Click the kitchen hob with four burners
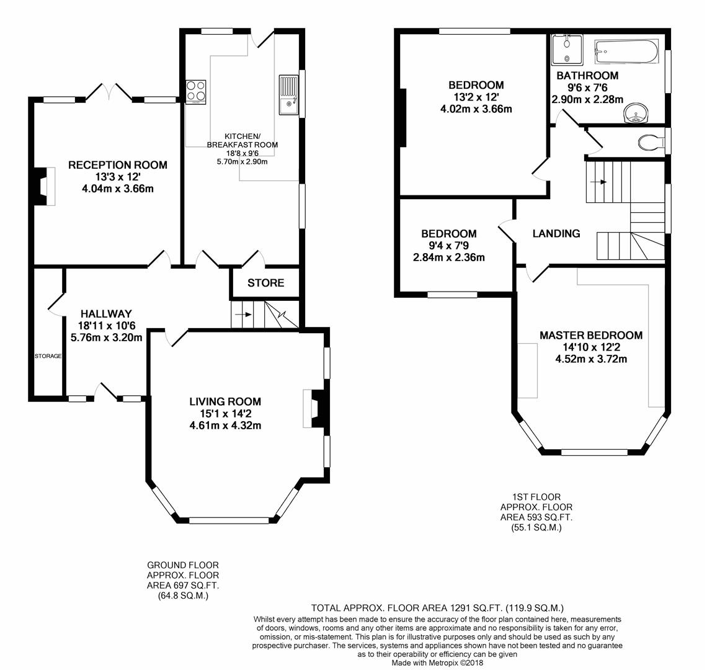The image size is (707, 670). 196,92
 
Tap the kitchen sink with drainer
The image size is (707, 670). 288,95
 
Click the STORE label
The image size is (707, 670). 265,283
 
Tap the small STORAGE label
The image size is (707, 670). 48,356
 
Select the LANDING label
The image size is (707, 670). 556,233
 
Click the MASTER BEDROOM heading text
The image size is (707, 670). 590,335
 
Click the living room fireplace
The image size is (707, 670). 314,408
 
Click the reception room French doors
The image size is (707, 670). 109,92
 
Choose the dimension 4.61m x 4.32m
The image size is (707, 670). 225,426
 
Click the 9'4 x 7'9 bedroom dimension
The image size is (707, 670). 448,246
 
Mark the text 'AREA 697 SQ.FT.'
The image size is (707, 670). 182,586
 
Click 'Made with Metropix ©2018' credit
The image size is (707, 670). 437,663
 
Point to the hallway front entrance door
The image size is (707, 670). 107,391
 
